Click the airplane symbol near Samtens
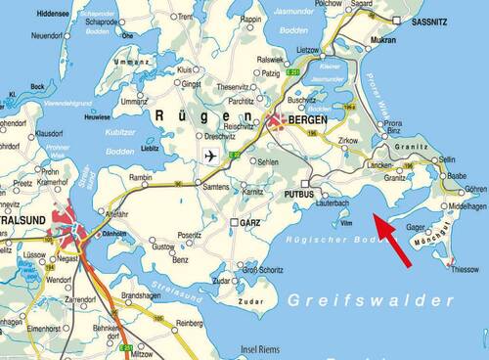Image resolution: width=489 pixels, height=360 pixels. pyautogui.click(x=208, y=157)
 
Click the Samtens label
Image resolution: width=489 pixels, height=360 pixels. pyautogui.click(x=216, y=186)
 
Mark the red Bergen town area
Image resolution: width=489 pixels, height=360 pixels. pyautogui.click(x=278, y=121)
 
